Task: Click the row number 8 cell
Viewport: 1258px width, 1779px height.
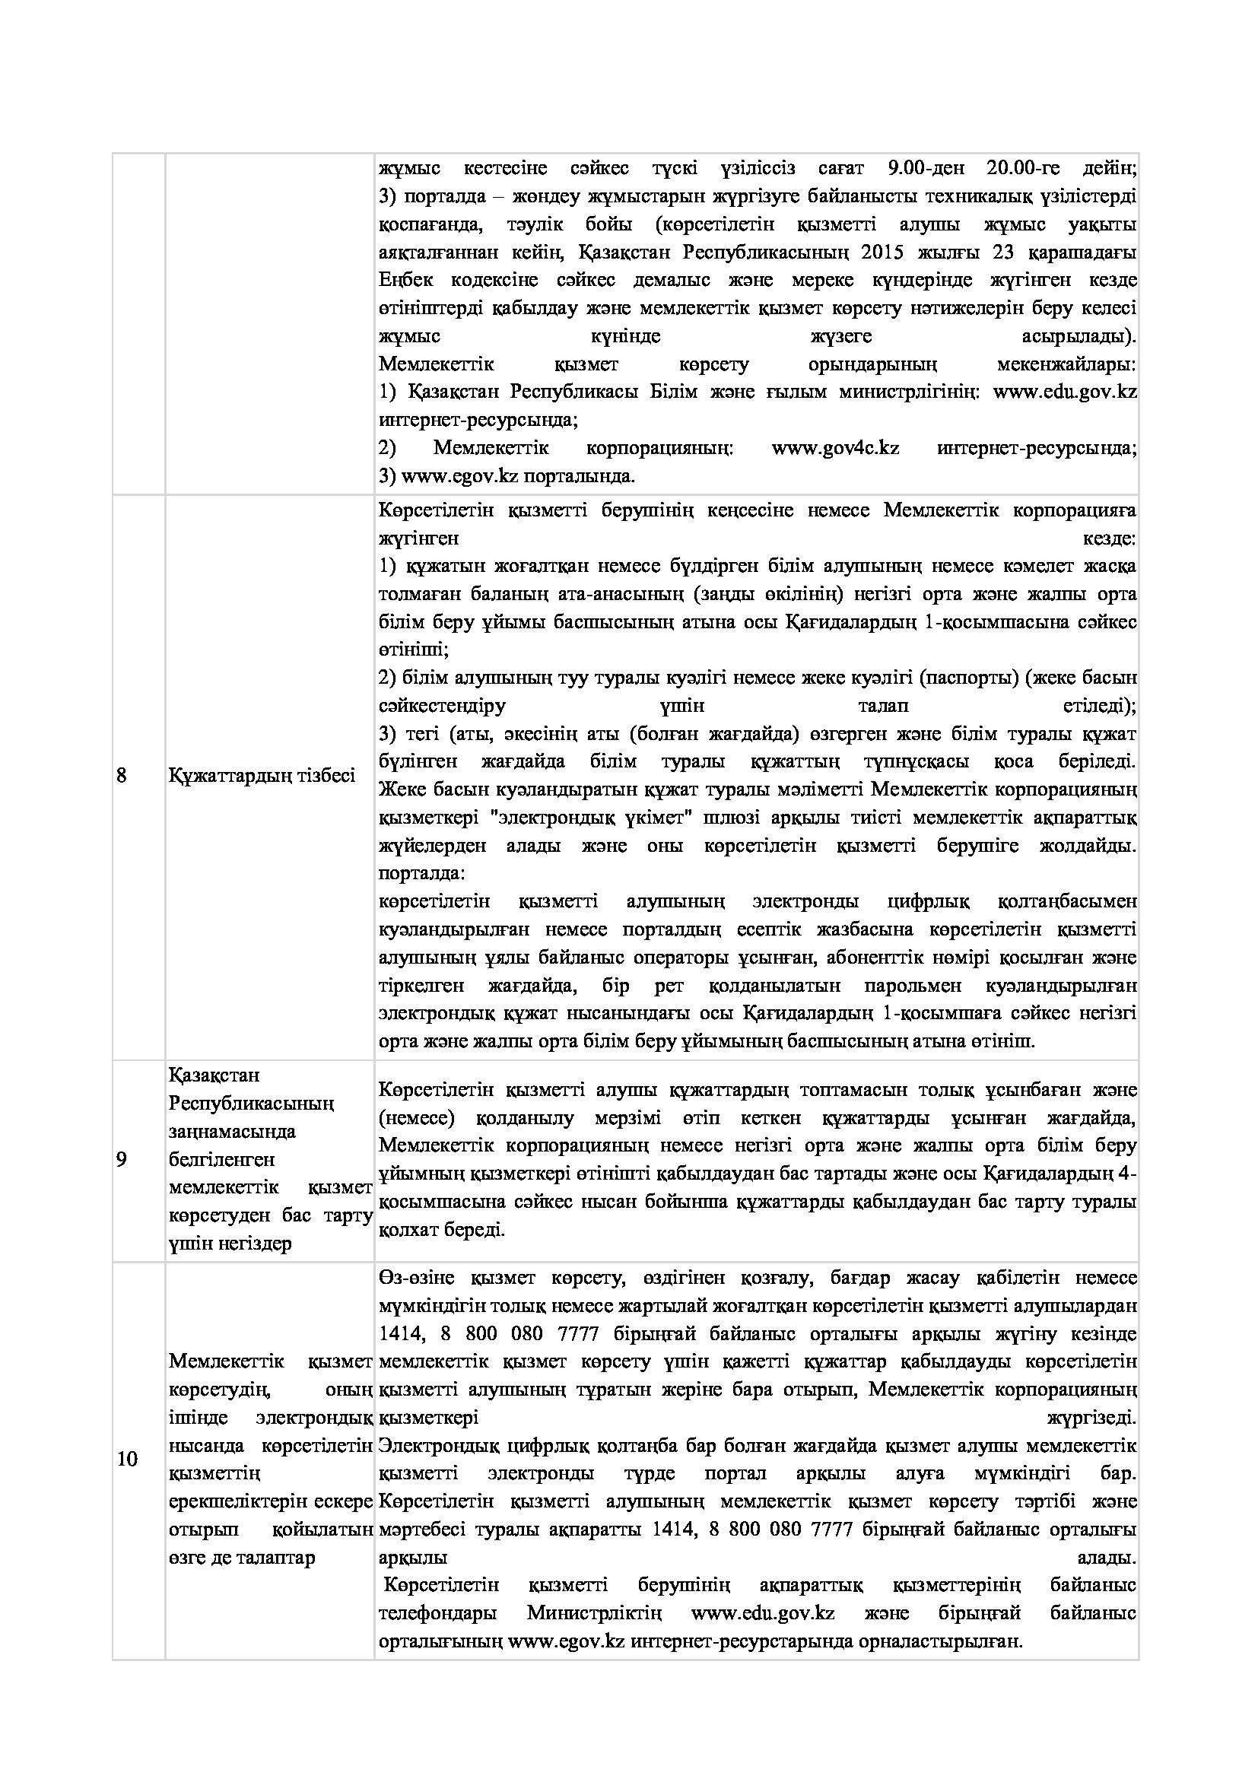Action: (122, 775)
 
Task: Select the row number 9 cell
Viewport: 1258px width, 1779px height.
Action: (122, 1160)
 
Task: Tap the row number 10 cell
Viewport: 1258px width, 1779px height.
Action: (127, 1460)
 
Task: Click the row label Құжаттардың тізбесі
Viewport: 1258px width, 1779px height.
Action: (262, 775)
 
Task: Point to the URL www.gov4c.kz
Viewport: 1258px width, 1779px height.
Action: (835, 448)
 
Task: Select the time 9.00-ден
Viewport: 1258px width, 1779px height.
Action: (922, 168)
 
